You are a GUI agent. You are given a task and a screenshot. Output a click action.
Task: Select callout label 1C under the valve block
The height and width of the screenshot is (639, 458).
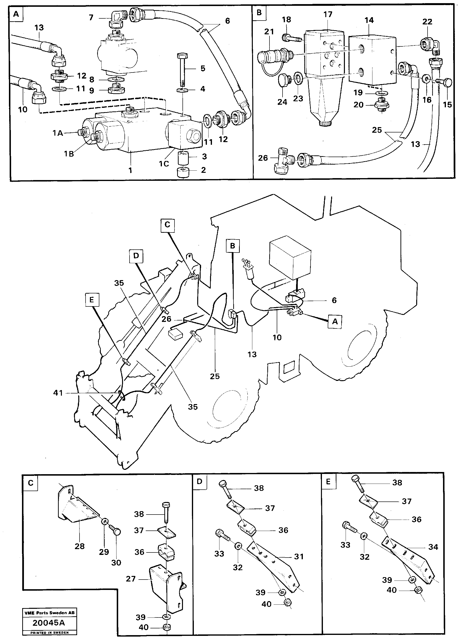(x=164, y=163)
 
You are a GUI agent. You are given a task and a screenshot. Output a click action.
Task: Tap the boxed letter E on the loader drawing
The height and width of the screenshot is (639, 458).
(x=92, y=300)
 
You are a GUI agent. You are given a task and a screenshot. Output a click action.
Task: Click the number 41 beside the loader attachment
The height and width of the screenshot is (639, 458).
(x=58, y=392)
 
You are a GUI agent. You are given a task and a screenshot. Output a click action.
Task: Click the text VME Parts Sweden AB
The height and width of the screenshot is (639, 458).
(x=50, y=612)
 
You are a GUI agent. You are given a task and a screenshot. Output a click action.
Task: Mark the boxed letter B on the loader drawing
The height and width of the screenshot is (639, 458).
(x=232, y=246)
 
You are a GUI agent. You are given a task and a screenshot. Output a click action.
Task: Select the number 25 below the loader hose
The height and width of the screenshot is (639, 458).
(x=215, y=376)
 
